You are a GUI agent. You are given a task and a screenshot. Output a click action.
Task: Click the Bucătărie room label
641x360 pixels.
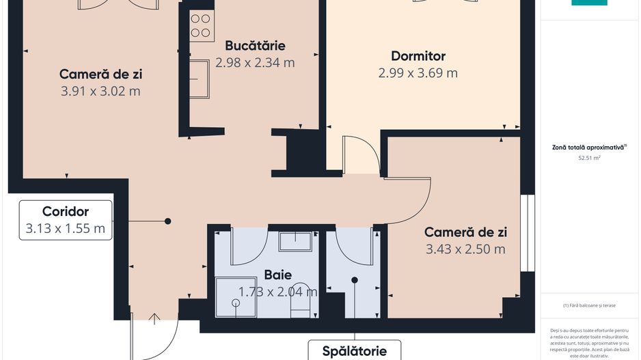pos(255,46)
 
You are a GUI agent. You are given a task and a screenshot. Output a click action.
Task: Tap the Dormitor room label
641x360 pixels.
pos(418,56)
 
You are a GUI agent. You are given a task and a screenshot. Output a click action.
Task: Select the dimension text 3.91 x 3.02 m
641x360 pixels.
pos(100,91)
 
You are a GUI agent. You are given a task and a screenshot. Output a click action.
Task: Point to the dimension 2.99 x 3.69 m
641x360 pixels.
pos(418,73)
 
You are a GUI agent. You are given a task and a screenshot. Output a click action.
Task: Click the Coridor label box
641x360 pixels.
pos(66,220)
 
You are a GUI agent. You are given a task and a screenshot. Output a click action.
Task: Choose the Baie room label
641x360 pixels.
pos(278,275)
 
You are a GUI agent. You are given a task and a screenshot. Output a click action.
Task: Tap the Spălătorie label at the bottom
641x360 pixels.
pos(355,352)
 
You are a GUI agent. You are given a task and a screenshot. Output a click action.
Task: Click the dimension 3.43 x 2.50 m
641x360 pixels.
pos(465,249)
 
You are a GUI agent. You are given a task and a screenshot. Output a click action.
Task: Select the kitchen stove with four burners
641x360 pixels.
pos(200,25)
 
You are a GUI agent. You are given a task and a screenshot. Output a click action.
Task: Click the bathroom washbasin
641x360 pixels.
pos(295,242)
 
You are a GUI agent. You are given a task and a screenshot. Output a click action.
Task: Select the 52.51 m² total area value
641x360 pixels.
pos(589,158)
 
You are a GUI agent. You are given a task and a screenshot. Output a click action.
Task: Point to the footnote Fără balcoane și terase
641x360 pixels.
pos(589,305)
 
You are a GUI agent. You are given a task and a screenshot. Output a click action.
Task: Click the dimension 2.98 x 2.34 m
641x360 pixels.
pos(255,63)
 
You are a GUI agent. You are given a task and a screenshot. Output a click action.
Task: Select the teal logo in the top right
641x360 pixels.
pos(589,3)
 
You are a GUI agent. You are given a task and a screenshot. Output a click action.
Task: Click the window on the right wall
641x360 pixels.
pos(526,233)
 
